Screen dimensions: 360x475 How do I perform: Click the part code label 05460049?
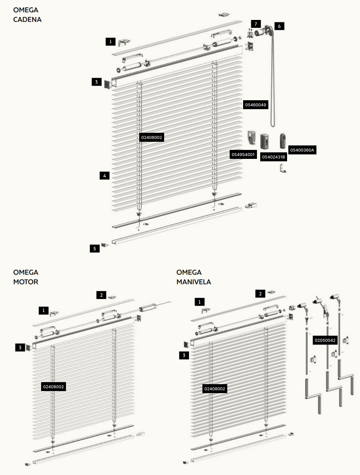click(x=255, y=105)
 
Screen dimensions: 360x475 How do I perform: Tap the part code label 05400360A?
click(x=302, y=150)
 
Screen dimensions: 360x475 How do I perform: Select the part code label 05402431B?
click(x=273, y=157)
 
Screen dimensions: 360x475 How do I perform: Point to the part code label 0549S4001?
click(x=243, y=154)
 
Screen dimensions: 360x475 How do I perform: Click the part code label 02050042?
click(x=325, y=340)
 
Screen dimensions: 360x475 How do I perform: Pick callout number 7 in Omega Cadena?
click(x=256, y=24)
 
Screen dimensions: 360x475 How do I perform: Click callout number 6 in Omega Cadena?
click(x=279, y=26)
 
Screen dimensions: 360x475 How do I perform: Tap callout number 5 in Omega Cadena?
click(x=95, y=248)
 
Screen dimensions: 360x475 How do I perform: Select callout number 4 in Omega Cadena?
click(x=105, y=176)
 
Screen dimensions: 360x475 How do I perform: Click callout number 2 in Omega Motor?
click(x=101, y=295)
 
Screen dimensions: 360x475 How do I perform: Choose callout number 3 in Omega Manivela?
click(x=184, y=355)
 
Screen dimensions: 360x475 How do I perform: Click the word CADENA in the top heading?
click(x=27, y=20)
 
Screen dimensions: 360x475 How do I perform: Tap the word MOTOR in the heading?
click(x=26, y=282)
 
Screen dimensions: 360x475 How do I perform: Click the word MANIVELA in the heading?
click(x=194, y=282)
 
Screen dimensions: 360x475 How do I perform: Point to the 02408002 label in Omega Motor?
click(x=54, y=387)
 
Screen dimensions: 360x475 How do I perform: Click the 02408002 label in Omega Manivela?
click(x=215, y=389)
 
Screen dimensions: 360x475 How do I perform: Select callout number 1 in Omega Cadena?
click(x=110, y=42)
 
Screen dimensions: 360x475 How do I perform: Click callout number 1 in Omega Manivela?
click(x=200, y=302)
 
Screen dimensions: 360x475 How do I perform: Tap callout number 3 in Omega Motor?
click(x=20, y=347)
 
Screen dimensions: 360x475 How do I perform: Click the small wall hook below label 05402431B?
click(x=283, y=168)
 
